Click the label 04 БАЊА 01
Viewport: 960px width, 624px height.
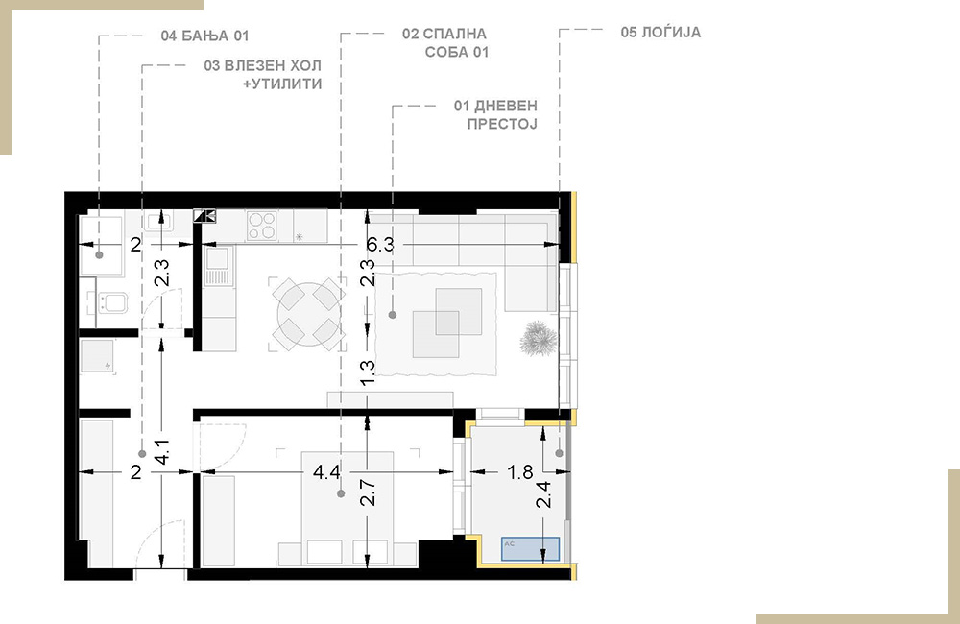coord(205,36)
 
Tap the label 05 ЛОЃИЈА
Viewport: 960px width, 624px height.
coord(660,32)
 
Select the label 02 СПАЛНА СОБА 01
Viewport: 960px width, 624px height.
coord(444,43)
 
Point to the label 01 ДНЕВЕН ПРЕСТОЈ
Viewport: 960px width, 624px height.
coord(495,114)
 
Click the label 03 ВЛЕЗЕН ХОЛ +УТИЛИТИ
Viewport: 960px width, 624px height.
coord(263,75)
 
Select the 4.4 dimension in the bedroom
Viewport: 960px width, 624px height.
coord(326,472)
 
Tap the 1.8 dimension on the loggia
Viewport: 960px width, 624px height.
coord(519,472)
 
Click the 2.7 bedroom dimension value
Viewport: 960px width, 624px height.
coord(368,492)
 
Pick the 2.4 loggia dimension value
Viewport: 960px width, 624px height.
coord(543,494)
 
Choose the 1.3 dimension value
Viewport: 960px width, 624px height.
coord(368,372)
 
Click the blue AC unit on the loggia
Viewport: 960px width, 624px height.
coord(530,549)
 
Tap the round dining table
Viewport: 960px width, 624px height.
coord(307,314)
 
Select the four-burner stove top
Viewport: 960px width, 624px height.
coord(261,225)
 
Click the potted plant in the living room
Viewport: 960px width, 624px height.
coord(539,338)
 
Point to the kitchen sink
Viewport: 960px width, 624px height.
coord(218,266)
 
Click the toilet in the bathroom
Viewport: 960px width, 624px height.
coord(109,303)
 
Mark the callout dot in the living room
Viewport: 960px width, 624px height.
coord(393,315)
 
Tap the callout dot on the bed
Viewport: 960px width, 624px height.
coord(341,493)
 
